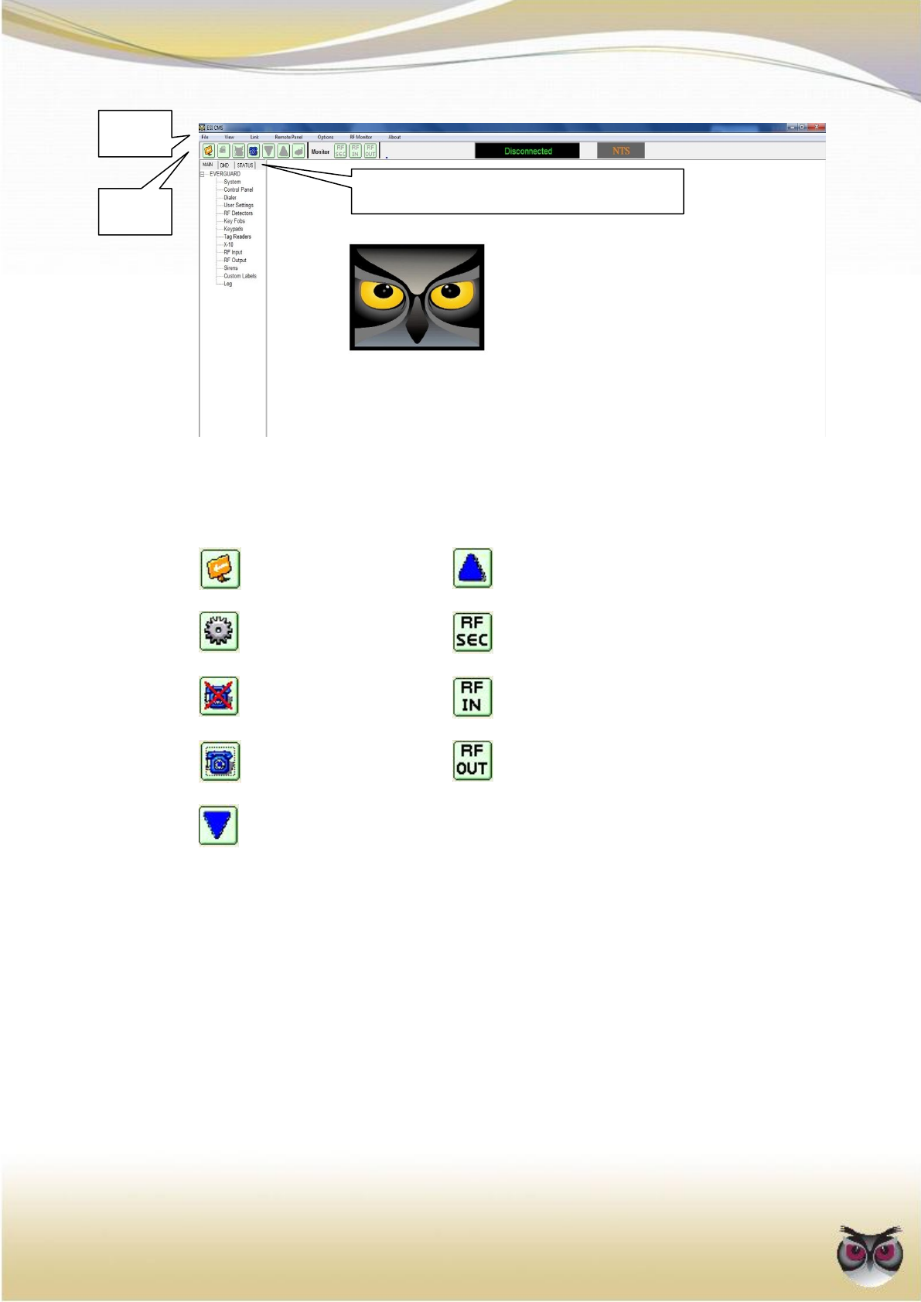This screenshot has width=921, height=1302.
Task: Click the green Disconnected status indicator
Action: pyautogui.click(x=527, y=151)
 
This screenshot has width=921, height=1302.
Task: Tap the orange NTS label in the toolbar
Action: pyautogui.click(x=621, y=151)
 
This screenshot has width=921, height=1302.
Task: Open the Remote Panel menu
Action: pyautogui.click(x=288, y=137)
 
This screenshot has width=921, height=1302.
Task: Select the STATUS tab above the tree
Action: pyautogui.click(x=245, y=165)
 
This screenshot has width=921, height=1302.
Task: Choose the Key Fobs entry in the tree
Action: pyautogui.click(x=234, y=221)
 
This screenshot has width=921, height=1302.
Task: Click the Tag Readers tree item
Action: pyautogui.click(x=237, y=237)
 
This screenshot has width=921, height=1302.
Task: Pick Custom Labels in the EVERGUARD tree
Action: pyautogui.click(x=240, y=276)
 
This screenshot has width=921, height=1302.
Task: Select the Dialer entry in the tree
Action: pyautogui.click(x=230, y=197)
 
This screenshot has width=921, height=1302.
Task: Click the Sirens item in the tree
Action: pyautogui.click(x=230, y=268)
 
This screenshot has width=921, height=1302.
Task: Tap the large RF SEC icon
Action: pyautogui.click(x=472, y=632)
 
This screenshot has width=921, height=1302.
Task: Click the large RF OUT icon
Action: pyautogui.click(x=472, y=760)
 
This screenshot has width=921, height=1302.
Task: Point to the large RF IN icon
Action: pyautogui.click(x=472, y=697)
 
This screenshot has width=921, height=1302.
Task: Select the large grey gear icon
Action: pyautogui.click(x=220, y=632)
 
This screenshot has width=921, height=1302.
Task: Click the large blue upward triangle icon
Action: pyautogui.click(x=472, y=568)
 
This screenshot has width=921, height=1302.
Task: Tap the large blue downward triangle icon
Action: pyautogui.click(x=218, y=825)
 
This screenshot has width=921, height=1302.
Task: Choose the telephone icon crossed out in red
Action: pyautogui.click(x=220, y=696)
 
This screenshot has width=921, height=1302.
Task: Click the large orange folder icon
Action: pyautogui.click(x=220, y=568)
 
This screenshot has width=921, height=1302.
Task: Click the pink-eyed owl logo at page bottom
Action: pyautogui.click(x=870, y=1253)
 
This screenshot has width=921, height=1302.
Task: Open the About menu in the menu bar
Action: pyautogui.click(x=394, y=137)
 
